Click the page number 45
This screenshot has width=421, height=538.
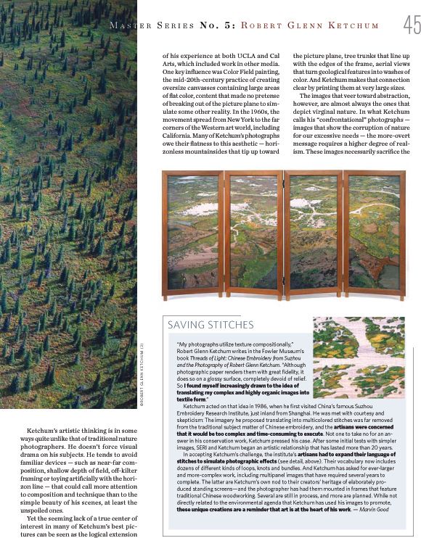(411, 26)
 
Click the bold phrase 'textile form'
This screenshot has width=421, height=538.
(192, 400)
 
